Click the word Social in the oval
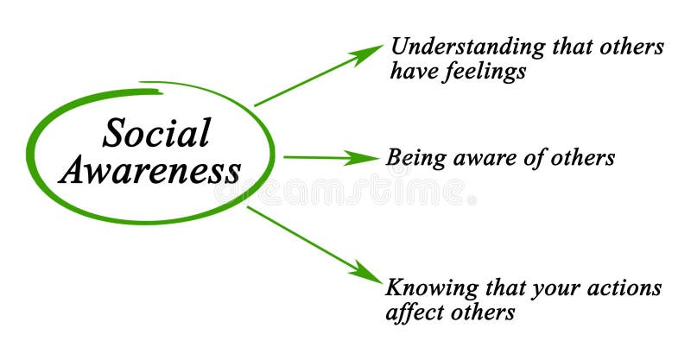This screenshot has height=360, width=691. pyautogui.click(x=156, y=134)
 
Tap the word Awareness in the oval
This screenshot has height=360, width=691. pyautogui.click(x=149, y=171)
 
